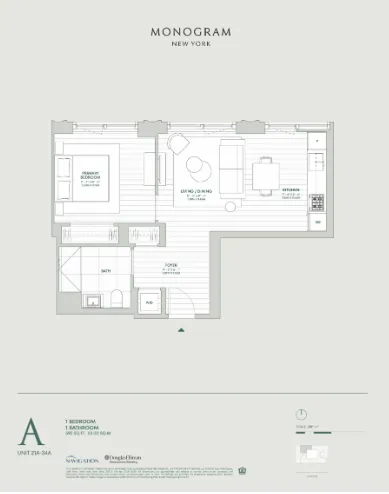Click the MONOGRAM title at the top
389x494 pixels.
(190, 32)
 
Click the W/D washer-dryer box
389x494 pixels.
(149, 301)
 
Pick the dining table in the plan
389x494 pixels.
(265, 176)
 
